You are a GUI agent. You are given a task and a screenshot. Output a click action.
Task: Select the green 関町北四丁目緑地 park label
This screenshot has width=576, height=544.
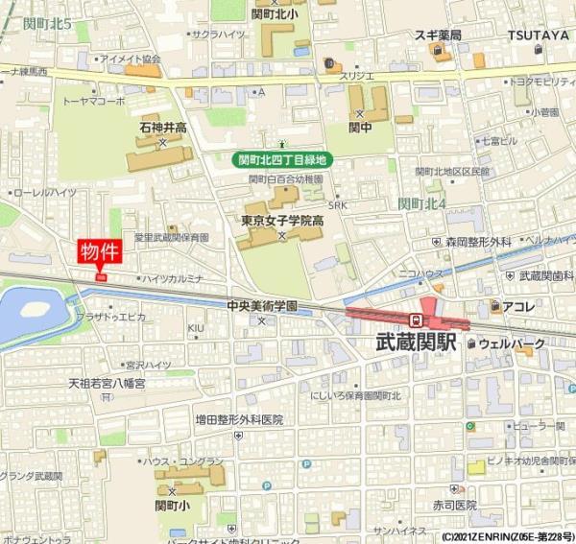pos(284,160)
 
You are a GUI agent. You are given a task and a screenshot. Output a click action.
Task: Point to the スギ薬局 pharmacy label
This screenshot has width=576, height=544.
pos(439,35)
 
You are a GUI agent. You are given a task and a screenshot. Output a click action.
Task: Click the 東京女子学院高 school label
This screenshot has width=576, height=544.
pos(281,221)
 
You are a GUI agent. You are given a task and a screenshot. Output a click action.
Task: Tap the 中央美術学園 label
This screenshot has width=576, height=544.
pos(262,305)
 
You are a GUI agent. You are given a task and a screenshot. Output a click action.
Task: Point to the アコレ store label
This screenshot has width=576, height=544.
pos(519,306)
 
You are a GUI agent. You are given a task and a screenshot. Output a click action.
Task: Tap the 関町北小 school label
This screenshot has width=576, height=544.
pos(276,14)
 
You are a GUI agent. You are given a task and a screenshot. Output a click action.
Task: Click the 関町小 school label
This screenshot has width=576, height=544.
pos(175,504)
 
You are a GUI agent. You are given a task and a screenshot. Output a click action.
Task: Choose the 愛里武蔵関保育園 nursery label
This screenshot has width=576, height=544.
pos(171,237)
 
